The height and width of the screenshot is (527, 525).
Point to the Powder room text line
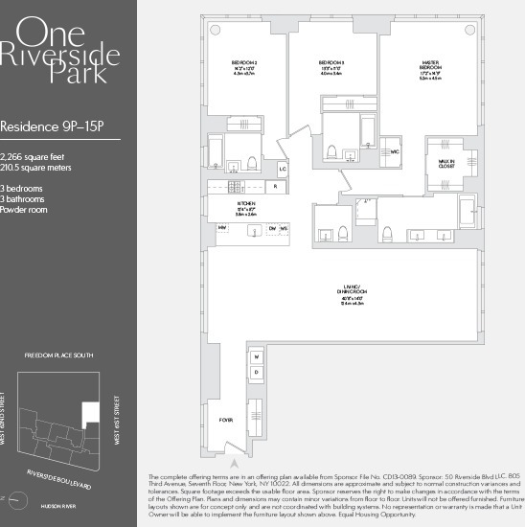tap(25, 209)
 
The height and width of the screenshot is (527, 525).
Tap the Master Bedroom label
tap(430, 66)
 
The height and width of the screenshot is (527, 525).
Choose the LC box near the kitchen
tap(283, 169)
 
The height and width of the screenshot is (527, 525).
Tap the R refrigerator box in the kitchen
tap(275, 186)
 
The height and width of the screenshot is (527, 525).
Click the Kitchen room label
tap(246, 207)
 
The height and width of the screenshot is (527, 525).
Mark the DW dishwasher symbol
tap(272, 227)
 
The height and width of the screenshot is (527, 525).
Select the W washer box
tap(257, 356)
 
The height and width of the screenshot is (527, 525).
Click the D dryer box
tap(257, 373)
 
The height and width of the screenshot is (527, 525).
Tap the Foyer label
tap(226, 419)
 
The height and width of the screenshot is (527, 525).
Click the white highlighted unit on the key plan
tap(91, 413)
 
